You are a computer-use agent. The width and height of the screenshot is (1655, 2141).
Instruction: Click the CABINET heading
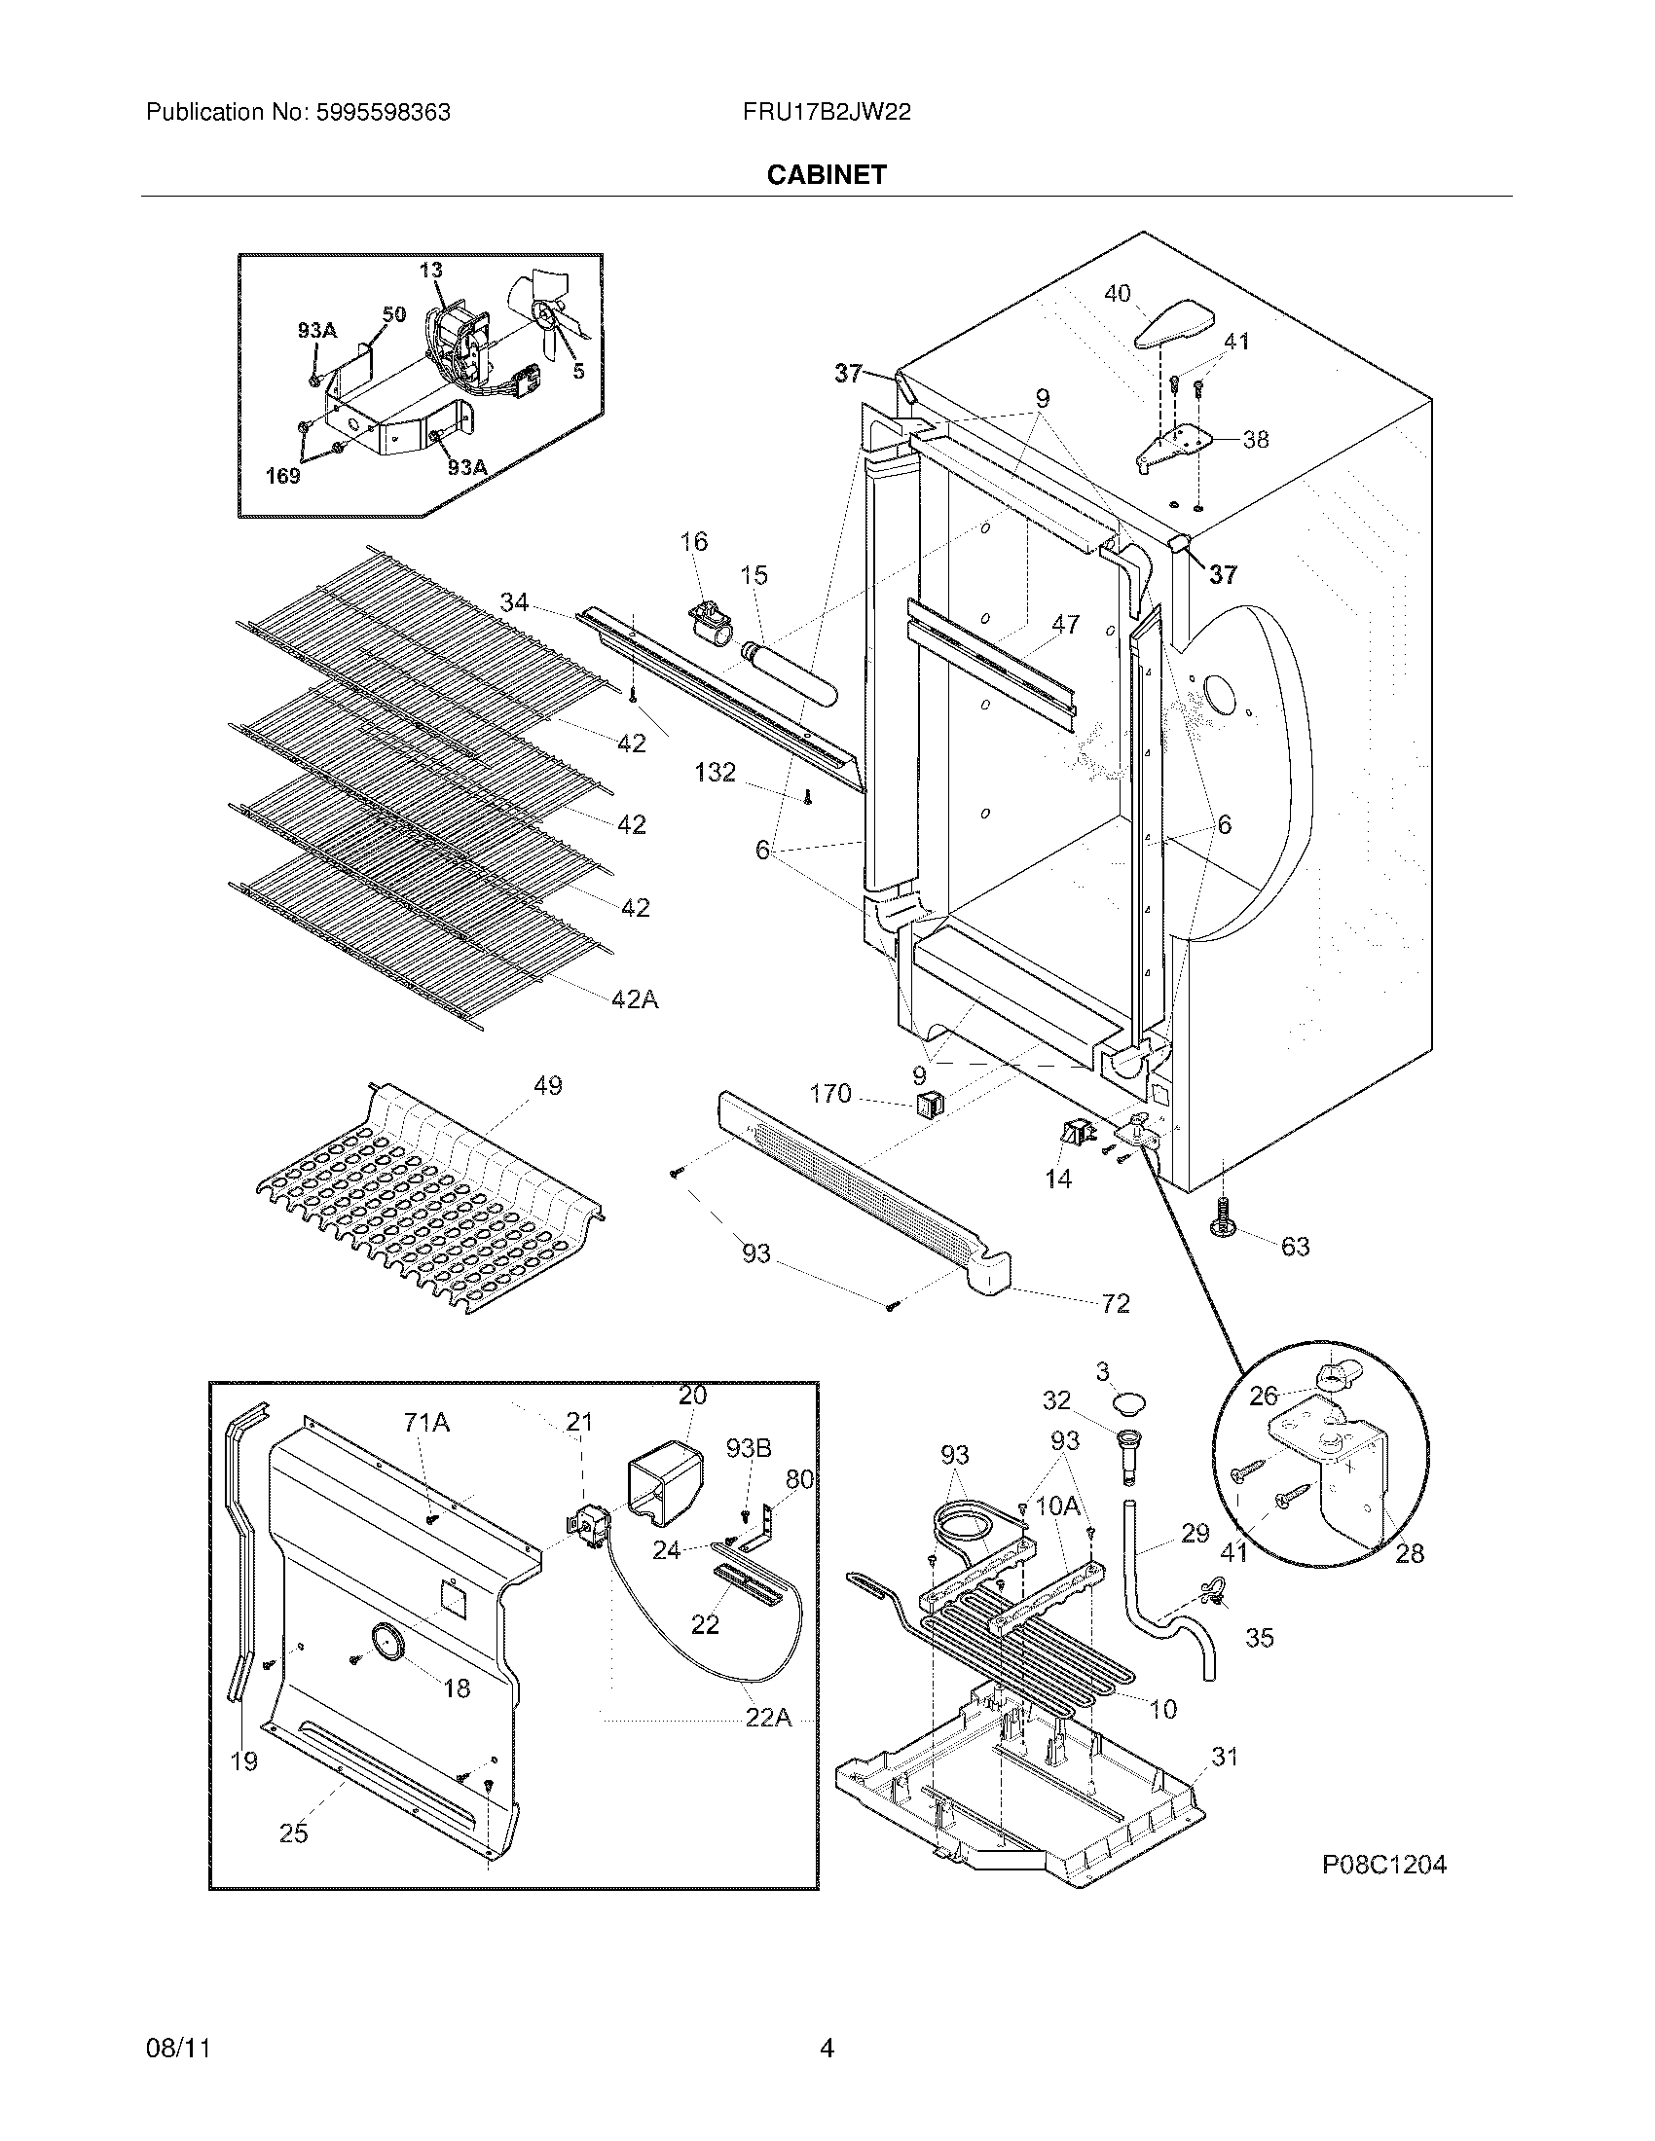pos(827,174)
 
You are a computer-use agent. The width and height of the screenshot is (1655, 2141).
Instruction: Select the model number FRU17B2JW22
pos(827,113)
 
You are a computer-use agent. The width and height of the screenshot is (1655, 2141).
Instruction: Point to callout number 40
pos(1117,293)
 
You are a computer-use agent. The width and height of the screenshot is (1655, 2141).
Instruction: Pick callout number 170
pos(829,1094)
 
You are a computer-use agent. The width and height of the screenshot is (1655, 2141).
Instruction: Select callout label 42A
pos(636,998)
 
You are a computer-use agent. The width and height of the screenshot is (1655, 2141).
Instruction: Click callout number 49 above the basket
pos(547,1085)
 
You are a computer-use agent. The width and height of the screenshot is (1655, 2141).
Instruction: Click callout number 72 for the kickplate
pos(1116,1303)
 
